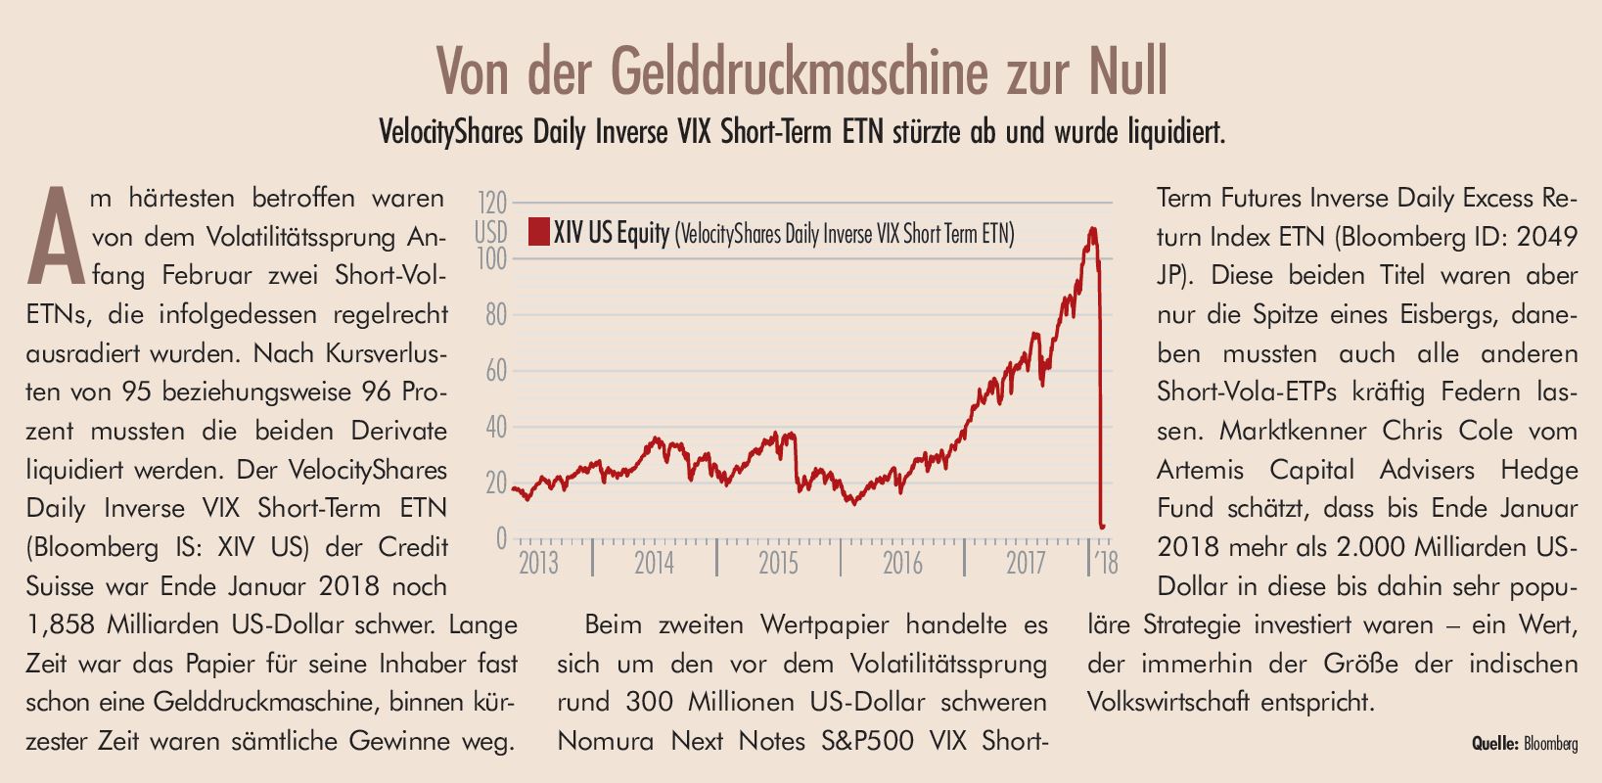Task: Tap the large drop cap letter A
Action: pyautogui.click(x=57, y=236)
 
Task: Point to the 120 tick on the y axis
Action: pyautogui.click(x=492, y=204)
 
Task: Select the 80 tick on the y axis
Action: pyautogui.click(x=496, y=315)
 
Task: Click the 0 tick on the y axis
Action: pyautogui.click(x=501, y=538)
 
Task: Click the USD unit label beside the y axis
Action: pyautogui.click(x=491, y=233)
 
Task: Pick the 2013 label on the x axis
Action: pyautogui.click(x=538, y=563)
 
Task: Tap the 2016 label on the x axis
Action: pyautogui.click(x=902, y=563)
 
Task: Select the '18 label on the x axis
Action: pyautogui.click(x=1106, y=563)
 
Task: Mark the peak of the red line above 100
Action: pyautogui.click(x=1092, y=230)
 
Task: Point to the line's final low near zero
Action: pyautogui.click(x=1103, y=527)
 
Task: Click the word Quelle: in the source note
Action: pyautogui.click(x=1494, y=745)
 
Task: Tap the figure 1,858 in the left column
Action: pyautogui.click(x=63, y=624)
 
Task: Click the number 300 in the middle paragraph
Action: pyautogui.click(x=650, y=703)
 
